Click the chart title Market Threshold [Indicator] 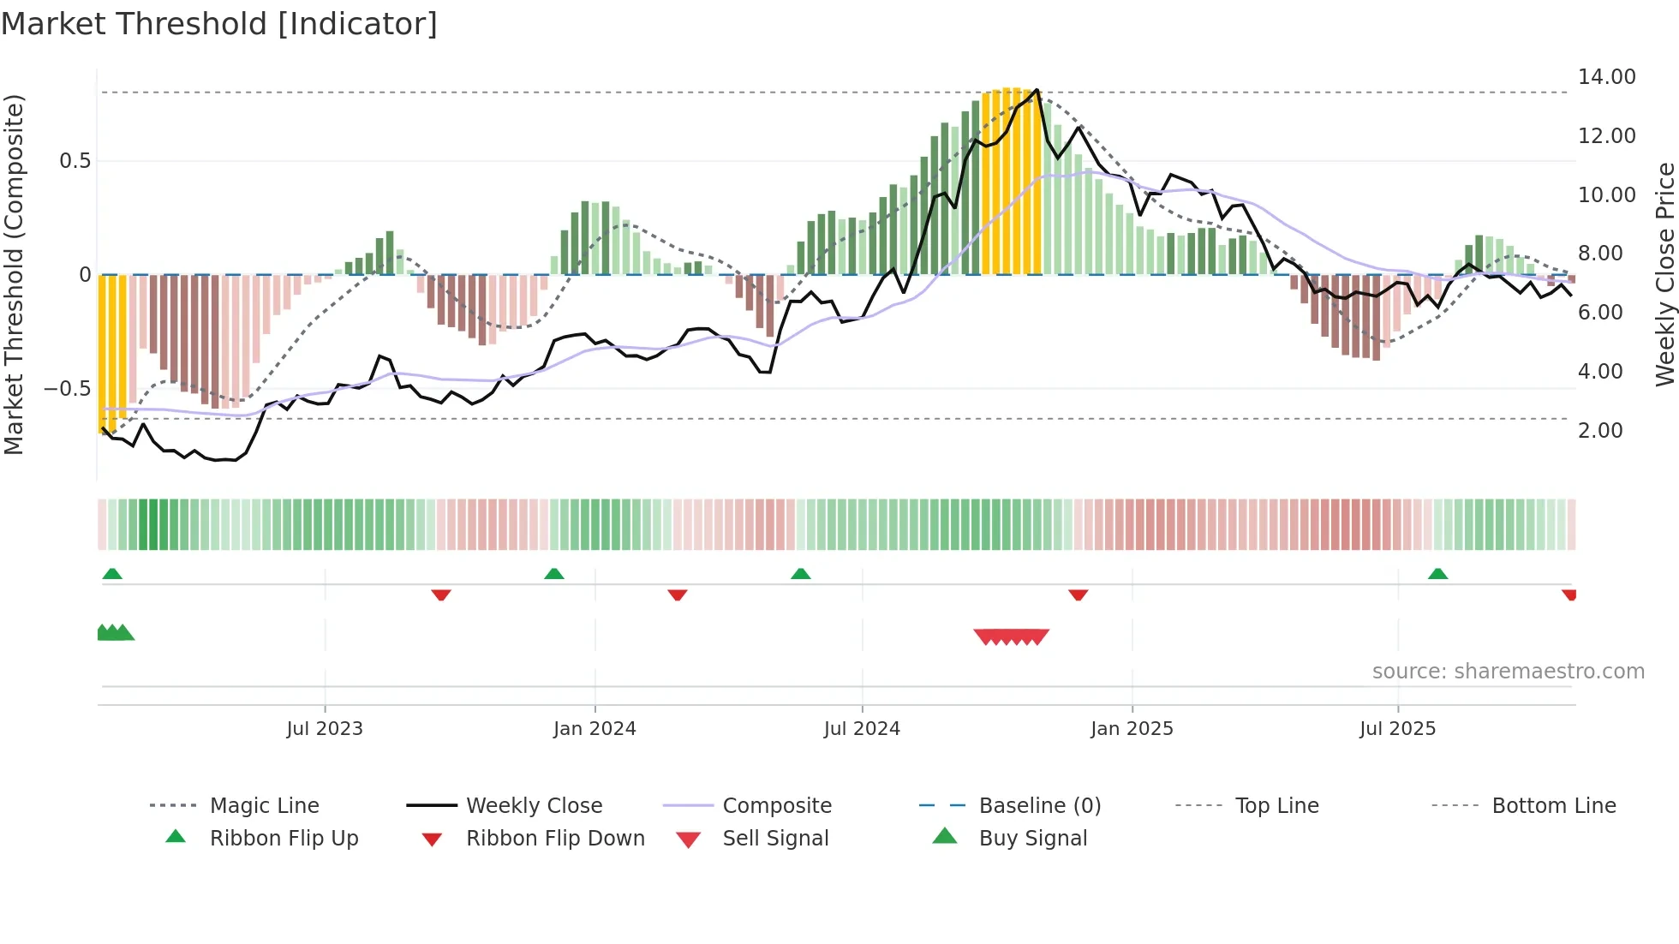[219, 24]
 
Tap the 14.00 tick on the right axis [1606, 77]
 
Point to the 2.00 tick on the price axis [1600, 431]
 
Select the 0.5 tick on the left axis [75, 161]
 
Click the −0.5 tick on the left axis [67, 389]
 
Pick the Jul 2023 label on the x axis [325, 729]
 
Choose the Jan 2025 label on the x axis [1132, 729]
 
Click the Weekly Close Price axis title [1664, 274]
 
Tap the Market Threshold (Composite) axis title [14, 274]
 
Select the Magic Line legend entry [264, 806]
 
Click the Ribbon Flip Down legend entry [555, 839]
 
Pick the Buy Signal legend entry [1032, 839]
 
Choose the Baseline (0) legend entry [1039, 806]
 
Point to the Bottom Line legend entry [1553, 806]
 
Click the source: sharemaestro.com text [1508, 672]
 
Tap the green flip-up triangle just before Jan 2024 [554, 574]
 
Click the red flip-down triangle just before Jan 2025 [1079, 594]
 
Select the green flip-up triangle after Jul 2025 [1437, 574]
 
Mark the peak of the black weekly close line [1037, 90]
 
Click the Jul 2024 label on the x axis [862, 729]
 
